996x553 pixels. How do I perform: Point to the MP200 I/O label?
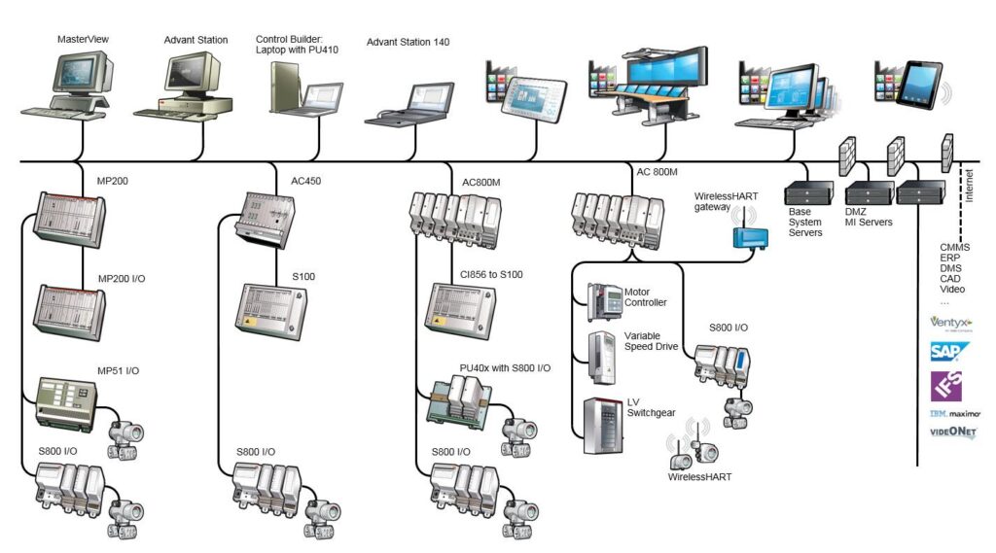coord(122,279)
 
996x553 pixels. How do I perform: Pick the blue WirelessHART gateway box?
coord(749,234)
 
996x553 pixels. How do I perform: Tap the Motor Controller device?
coord(602,302)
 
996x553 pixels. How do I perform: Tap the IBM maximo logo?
coord(952,412)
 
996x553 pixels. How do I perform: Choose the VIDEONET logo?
coord(952,432)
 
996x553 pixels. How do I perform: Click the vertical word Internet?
coord(968,186)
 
